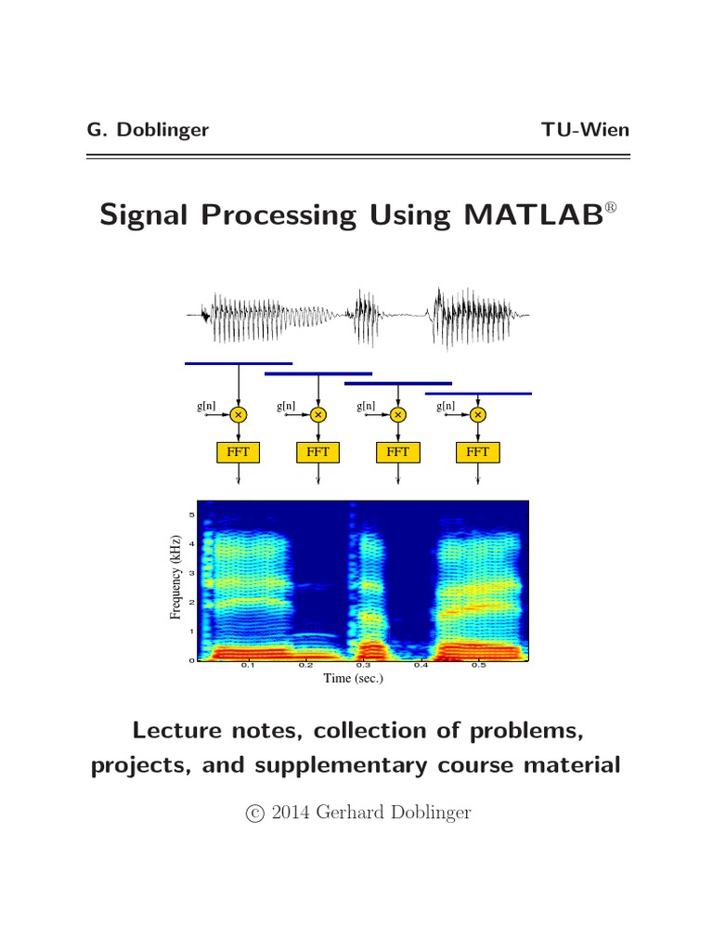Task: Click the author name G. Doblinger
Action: [x=148, y=130]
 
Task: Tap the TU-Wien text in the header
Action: [x=585, y=130]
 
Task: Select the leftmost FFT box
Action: [x=239, y=451]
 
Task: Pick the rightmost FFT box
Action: [x=478, y=451]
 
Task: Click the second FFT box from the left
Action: [x=318, y=451]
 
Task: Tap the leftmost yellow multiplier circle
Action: [x=240, y=414]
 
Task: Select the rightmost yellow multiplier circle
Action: [x=478, y=414]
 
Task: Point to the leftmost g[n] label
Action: [x=207, y=406]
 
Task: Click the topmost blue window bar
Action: [x=239, y=364]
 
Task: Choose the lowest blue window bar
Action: [x=478, y=394]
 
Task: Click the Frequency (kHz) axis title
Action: [x=176, y=582]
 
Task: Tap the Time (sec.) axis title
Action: [x=353, y=679]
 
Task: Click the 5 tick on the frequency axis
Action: [x=192, y=515]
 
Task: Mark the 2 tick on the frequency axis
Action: [x=192, y=602]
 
